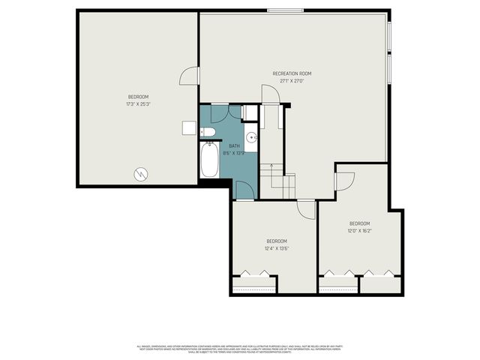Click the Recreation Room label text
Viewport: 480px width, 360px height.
pos(291,73)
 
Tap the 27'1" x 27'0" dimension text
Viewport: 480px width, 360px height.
pos(291,81)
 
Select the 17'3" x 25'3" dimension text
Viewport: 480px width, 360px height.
pos(138,104)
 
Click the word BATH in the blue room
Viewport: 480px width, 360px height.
pos(234,145)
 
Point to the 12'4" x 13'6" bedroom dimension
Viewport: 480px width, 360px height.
pos(276,248)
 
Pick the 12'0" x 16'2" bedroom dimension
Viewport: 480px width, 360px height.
pos(359,231)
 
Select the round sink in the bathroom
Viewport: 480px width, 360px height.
pos(253,137)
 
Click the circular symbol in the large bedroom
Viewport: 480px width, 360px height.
pos(140,175)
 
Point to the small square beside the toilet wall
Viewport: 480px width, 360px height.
pos(189,128)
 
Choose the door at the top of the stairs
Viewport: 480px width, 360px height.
pos(268,95)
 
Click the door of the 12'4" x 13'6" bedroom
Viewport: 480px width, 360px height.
pos(305,209)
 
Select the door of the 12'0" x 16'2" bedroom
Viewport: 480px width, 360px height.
pos(343,181)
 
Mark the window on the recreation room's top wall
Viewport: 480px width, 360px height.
pos(285,10)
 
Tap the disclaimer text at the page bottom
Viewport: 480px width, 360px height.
pos(240,349)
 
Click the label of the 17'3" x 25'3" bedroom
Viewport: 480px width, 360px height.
pos(138,97)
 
